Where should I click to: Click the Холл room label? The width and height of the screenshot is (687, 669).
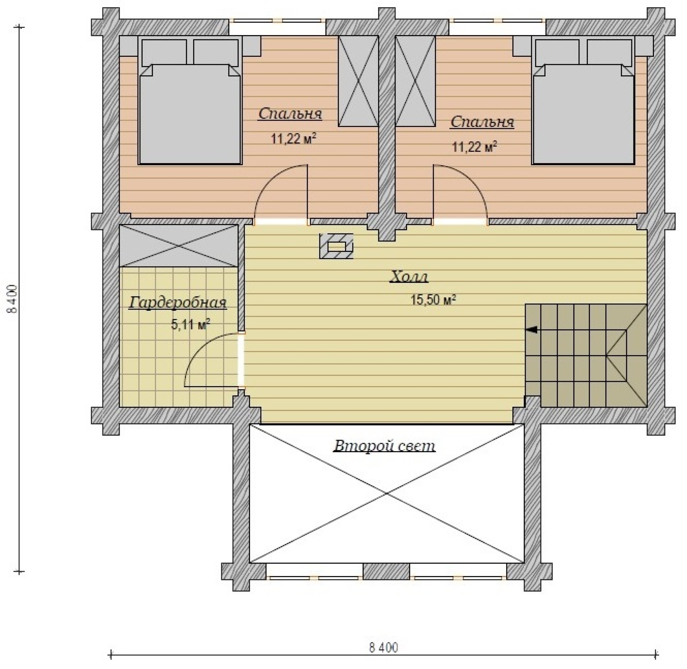coord(409,278)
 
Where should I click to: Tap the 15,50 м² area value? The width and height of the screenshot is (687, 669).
coord(433,300)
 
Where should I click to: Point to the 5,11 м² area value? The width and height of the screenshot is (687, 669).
coord(191,324)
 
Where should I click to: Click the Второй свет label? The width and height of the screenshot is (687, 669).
coord(384,446)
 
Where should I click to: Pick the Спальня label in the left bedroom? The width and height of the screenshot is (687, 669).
coord(290,114)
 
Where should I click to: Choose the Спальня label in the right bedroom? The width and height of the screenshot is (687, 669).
coord(482,122)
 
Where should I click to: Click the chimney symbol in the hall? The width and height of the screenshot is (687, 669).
coord(336,246)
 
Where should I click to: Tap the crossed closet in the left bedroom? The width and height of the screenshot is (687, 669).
coord(358,81)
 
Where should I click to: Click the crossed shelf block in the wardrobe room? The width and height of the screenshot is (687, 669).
coord(179,246)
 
